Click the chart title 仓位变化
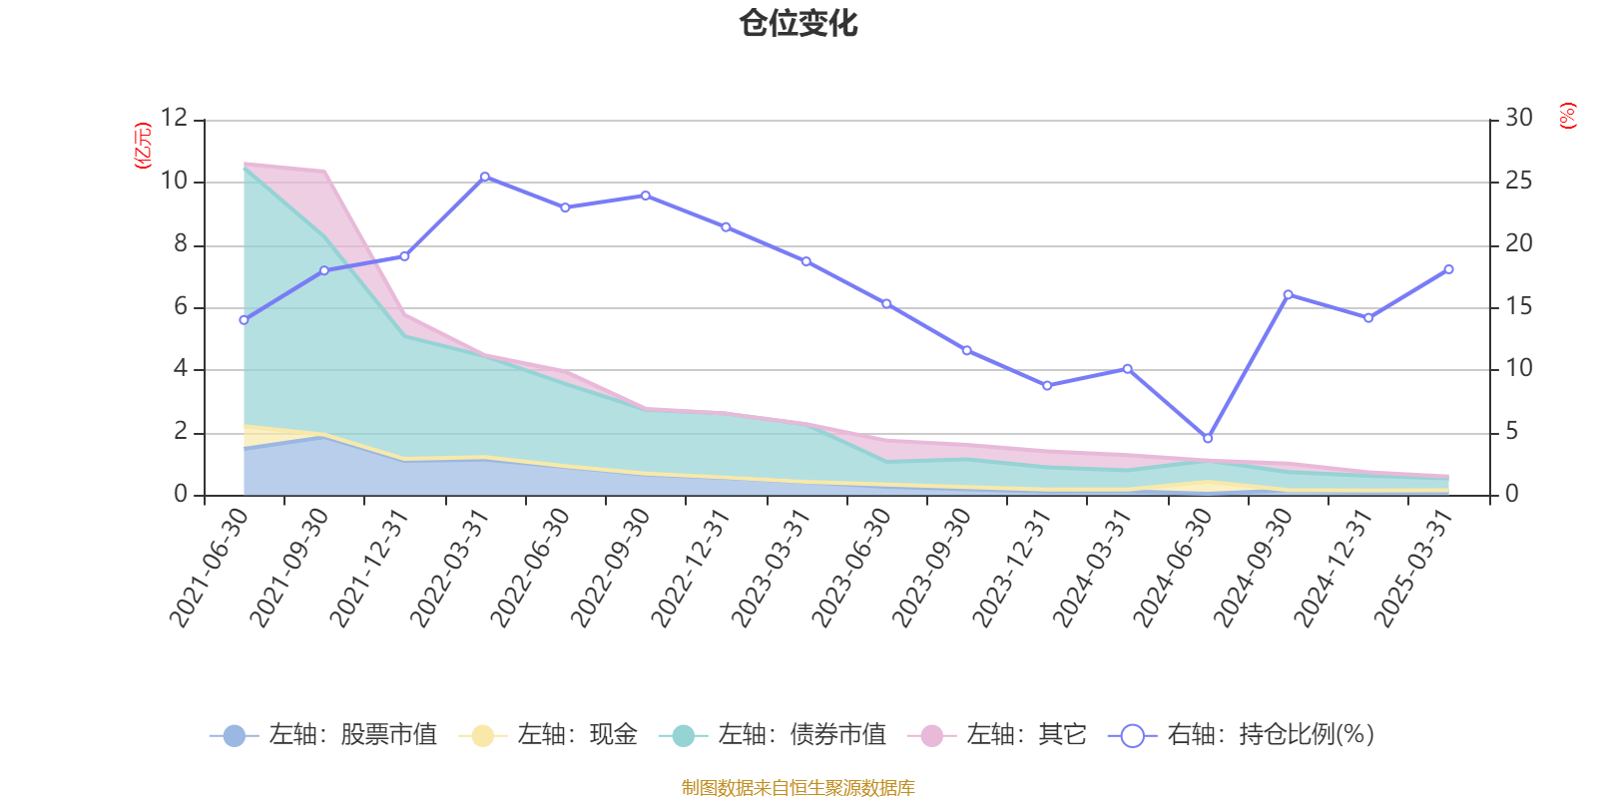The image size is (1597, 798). coord(798,23)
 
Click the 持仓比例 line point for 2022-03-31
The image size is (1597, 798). coord(485,177)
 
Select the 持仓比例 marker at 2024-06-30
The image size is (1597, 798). coord(1208,438)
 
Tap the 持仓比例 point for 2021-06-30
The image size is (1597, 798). coord(244,319)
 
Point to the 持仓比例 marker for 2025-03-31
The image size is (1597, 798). coord(1448,269)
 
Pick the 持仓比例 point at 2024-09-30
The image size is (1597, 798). coord(1288,294)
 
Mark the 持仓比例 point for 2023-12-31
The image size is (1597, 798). coord(1047,385)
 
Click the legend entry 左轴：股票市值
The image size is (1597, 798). coord(324,735)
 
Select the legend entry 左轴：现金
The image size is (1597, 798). coord(548,735)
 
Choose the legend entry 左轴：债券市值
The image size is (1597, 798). coord(773,735)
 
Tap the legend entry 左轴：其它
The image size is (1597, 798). coord(997,735)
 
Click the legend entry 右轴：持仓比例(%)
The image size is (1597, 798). coord(1242,735)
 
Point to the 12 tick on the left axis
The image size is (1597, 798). coord(174,118)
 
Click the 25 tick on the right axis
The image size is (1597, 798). coord(1518,181)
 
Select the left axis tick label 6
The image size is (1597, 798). coord(181,306)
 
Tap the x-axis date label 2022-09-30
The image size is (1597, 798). coord(611,567)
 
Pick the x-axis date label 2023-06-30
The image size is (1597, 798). coord(851,567)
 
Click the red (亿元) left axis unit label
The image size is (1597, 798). coord(143,146)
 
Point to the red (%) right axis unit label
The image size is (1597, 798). coord(1568,116)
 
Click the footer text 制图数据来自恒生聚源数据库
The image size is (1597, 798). coord(798,788)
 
